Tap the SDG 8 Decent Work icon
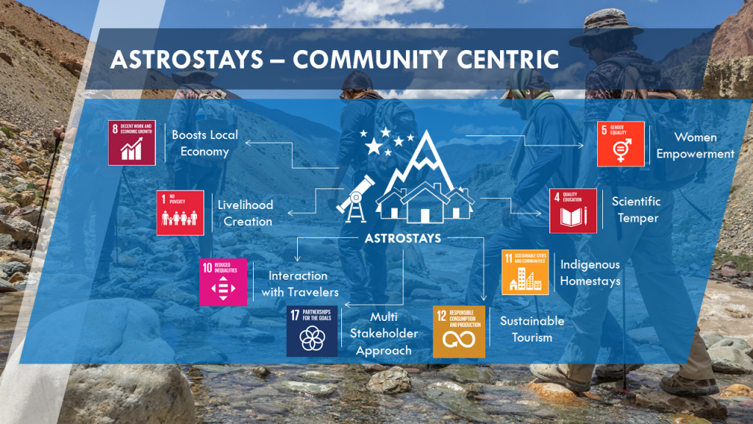[x=132, y=142]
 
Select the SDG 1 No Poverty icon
[x=180, y=213]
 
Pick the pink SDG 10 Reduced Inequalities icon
[x=224, y=282]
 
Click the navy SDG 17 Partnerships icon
[x=312, y=331]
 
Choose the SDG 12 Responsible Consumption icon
[x=459, y=331]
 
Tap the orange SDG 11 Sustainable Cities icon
[x=525, y=272]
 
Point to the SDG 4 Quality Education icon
[x=573, y=211]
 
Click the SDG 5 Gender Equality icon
[x=620, y=144]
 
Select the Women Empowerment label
[x=695, y=146]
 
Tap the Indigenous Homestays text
[x=590, y=272]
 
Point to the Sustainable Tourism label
[x=532, y=329]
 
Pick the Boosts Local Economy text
[x=201, y=144]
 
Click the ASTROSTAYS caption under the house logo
[x=403, y=238]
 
